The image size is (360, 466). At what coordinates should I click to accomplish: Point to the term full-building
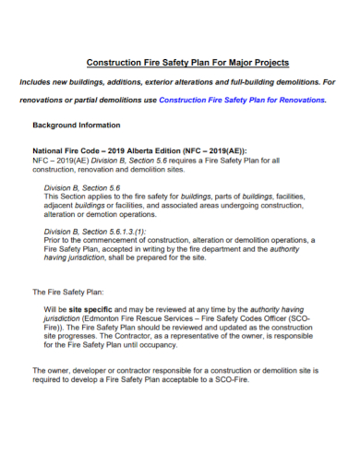(240, 81)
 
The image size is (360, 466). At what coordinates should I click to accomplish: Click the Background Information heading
(76, 125)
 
